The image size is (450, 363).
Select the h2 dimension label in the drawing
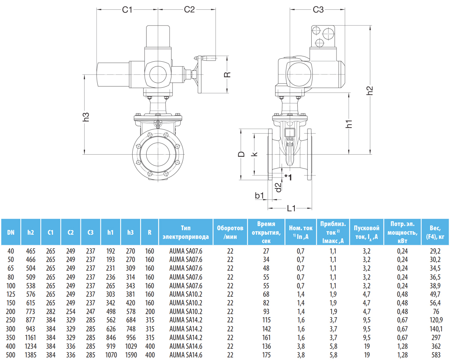[370, 90]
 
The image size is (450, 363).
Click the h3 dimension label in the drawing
[86, 117]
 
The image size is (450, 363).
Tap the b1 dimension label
[259, 195]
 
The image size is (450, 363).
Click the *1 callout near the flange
[288, 177]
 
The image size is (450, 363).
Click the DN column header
[11, 232]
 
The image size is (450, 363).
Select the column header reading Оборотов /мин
[230, 232]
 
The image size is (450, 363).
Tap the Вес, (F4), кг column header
[435, 232]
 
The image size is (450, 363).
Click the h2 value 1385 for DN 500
[31, 354]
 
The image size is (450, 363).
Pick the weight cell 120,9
[435, 320]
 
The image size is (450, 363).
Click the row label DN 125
[11, 294]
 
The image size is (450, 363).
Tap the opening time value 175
[266, 354]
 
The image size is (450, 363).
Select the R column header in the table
[150, 232]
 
